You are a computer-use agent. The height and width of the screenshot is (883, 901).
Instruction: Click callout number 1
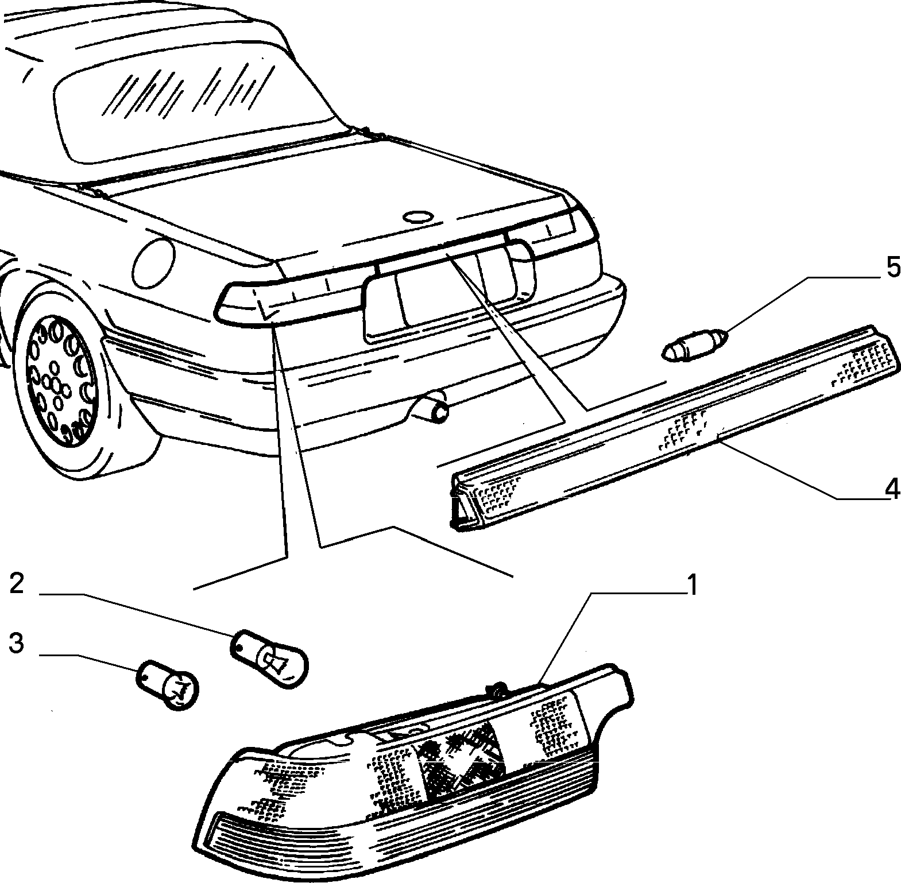coord(691,586)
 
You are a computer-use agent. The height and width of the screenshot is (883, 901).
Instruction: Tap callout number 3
coord(17,644)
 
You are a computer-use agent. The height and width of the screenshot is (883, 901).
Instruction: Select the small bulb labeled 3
coord(167,684)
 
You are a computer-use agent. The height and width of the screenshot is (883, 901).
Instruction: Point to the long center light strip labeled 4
coord(673,427)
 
